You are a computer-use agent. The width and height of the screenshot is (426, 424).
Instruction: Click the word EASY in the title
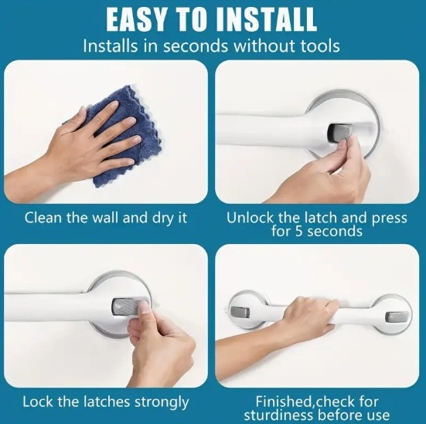[x=135, y=20]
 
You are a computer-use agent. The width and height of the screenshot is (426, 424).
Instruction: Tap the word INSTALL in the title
[x=267, y=20]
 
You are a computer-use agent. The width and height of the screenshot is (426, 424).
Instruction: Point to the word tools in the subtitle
[x=320, y=46]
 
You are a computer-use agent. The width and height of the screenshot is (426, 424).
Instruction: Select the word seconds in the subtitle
[x=196, y=46]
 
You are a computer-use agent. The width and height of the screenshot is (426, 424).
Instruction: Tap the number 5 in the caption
[x=298, y=231]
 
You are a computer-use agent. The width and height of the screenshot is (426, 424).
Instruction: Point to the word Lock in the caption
[x=38, y=402]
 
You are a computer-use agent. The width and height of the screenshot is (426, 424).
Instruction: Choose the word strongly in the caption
[x=162, y=402]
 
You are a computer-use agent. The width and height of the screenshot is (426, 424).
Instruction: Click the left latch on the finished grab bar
[x=240, y=312]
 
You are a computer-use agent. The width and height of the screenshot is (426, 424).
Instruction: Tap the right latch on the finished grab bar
[x=396, y=317]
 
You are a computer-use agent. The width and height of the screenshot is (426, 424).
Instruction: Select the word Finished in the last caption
[x=284, y=402]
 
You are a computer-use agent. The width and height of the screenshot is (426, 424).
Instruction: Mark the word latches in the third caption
[x=107, y=402]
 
